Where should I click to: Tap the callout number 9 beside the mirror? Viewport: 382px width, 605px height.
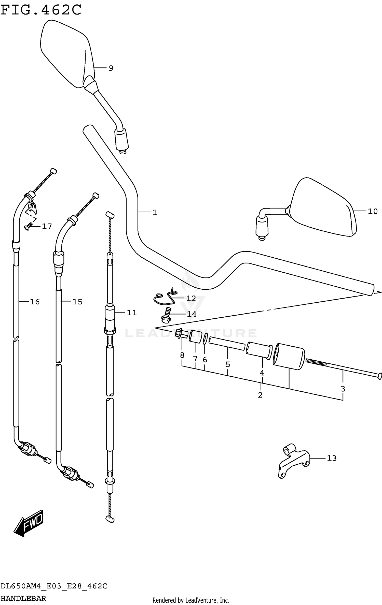(111, 68)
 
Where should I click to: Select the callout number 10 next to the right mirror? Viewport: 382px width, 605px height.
(373, 211)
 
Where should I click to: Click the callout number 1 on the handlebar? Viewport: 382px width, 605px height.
(155, 212)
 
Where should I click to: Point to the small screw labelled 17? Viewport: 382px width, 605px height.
(28, 226)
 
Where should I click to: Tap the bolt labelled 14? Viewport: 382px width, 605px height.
(166, 314)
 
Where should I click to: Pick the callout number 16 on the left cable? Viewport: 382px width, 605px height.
(35, 302)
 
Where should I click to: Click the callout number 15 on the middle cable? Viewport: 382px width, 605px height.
(77, 302)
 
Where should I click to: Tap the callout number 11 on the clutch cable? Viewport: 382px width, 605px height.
(132, 313)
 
